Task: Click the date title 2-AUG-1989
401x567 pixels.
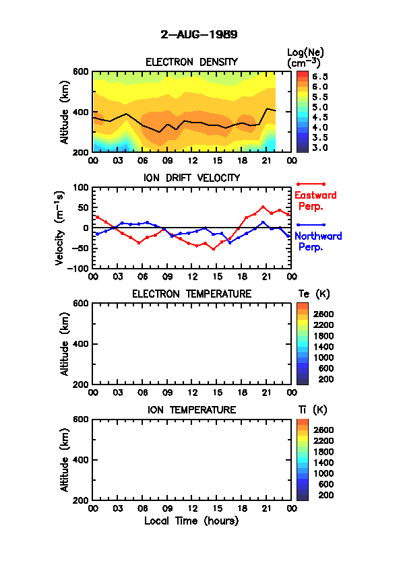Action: tap(199, 35)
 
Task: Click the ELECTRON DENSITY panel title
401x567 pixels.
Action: tap(191, 62)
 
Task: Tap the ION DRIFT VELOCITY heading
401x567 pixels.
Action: tap(191, 178)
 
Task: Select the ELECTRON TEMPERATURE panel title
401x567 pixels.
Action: tap(191, 294)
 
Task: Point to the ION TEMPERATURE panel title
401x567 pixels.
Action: tap(191, 409)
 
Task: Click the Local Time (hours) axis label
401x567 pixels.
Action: tap(191, 521)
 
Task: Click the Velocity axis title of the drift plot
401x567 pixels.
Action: tap(60, 228)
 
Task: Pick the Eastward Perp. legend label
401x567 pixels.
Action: tap(315, 201)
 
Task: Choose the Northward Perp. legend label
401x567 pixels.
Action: tap(317, 242)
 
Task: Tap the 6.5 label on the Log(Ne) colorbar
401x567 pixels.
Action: tap(320, 77)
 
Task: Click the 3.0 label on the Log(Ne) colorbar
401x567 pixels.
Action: tap(320, 147)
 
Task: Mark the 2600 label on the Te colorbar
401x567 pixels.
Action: tap(323, 314)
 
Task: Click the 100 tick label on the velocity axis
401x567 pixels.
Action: tap(81, 187)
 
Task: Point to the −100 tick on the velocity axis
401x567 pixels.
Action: tap(78, 268)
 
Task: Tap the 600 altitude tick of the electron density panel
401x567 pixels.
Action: tap(81, 71)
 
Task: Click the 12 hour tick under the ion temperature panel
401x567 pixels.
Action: tap(192, 508)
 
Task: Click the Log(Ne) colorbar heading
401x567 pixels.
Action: tap(305, 58)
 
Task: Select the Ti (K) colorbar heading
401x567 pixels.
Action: tap(313, 409)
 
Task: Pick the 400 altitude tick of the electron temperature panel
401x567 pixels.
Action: tap(81, 344)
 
